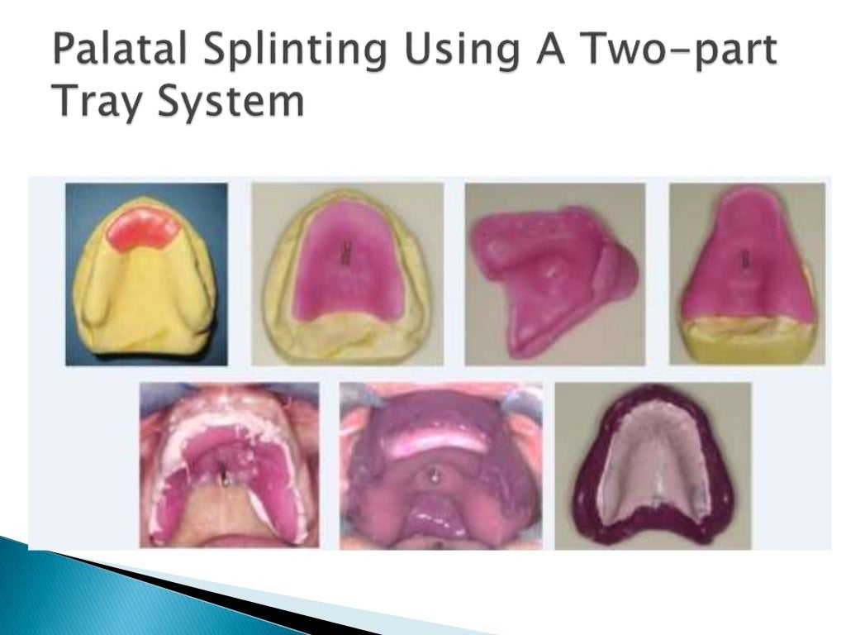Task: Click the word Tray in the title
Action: (x=97, y=104)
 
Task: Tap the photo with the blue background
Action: (x=146, y=274)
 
